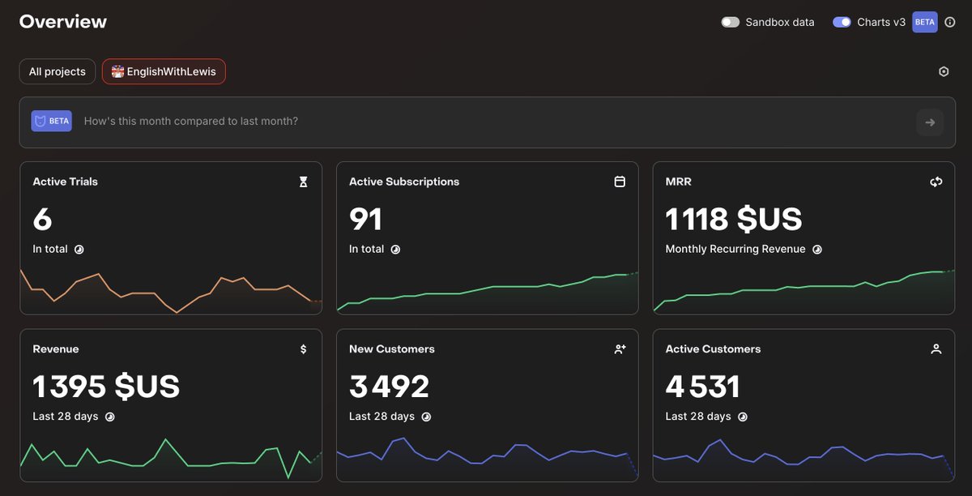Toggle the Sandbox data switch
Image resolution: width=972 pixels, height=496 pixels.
pos(730,22)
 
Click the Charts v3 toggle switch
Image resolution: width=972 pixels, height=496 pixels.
pos(842,22)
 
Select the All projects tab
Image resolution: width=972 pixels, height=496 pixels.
pos(58,71)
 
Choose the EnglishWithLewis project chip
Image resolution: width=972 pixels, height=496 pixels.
pos(164,71)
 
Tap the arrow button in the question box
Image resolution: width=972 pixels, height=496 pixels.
pos(930,122)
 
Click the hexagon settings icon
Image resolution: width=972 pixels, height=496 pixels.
pos(944,71)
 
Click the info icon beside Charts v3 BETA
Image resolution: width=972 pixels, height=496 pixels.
pos(949,22)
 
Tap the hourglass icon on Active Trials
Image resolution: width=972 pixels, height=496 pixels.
pos(303,182)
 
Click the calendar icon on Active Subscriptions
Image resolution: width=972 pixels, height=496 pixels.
pos(620,182)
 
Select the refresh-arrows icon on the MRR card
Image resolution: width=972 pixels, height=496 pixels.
pos(936,182)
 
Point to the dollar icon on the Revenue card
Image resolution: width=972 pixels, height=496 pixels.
pos(303,348)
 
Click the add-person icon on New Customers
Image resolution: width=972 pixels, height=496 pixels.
pos(620,348)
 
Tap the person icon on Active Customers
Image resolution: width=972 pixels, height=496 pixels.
pos(936,348)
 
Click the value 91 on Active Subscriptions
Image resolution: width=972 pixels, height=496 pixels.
pos(365,219)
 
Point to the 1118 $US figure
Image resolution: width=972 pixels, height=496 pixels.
pos(734,219)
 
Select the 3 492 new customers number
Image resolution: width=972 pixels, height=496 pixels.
pos(389,386)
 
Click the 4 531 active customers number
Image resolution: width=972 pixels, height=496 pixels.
pos(702,386)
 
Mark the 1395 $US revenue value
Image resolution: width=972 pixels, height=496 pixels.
pos(106,386)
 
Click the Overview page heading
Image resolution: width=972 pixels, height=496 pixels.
pos(63,22)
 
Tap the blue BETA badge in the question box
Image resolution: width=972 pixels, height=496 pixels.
pos(51,121)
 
